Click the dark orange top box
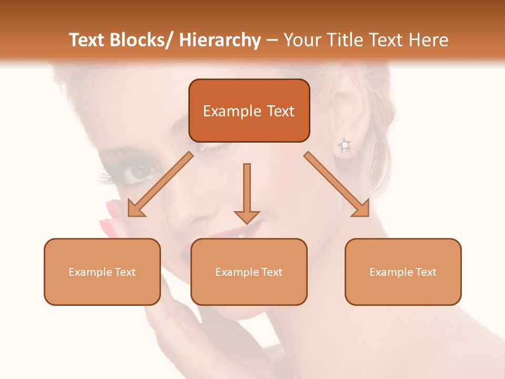(249, 111)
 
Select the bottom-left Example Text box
(102, 272)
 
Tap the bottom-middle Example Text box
(249, 272)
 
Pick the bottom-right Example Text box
(403, 272)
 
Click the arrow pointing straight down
(247, 193)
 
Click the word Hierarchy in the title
(219, 40)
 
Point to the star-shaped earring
(345, 145)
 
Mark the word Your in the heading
(301, 40)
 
